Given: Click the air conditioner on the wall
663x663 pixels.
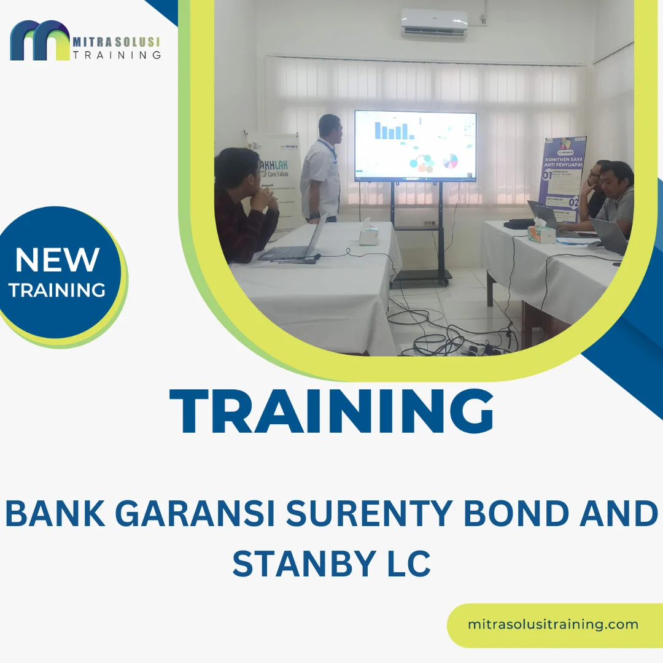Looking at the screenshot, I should pos(435,25).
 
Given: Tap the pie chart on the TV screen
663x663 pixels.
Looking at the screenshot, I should pos(451,161).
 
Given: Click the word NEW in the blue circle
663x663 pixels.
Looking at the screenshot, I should pos(57,260).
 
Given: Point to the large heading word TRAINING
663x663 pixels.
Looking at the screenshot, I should pos(331,412).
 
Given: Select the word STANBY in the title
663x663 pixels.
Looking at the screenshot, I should pos(293,563).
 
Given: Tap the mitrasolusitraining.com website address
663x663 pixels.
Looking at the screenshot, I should pos(553,624).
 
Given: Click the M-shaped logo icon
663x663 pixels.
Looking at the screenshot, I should pos(40,41).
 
